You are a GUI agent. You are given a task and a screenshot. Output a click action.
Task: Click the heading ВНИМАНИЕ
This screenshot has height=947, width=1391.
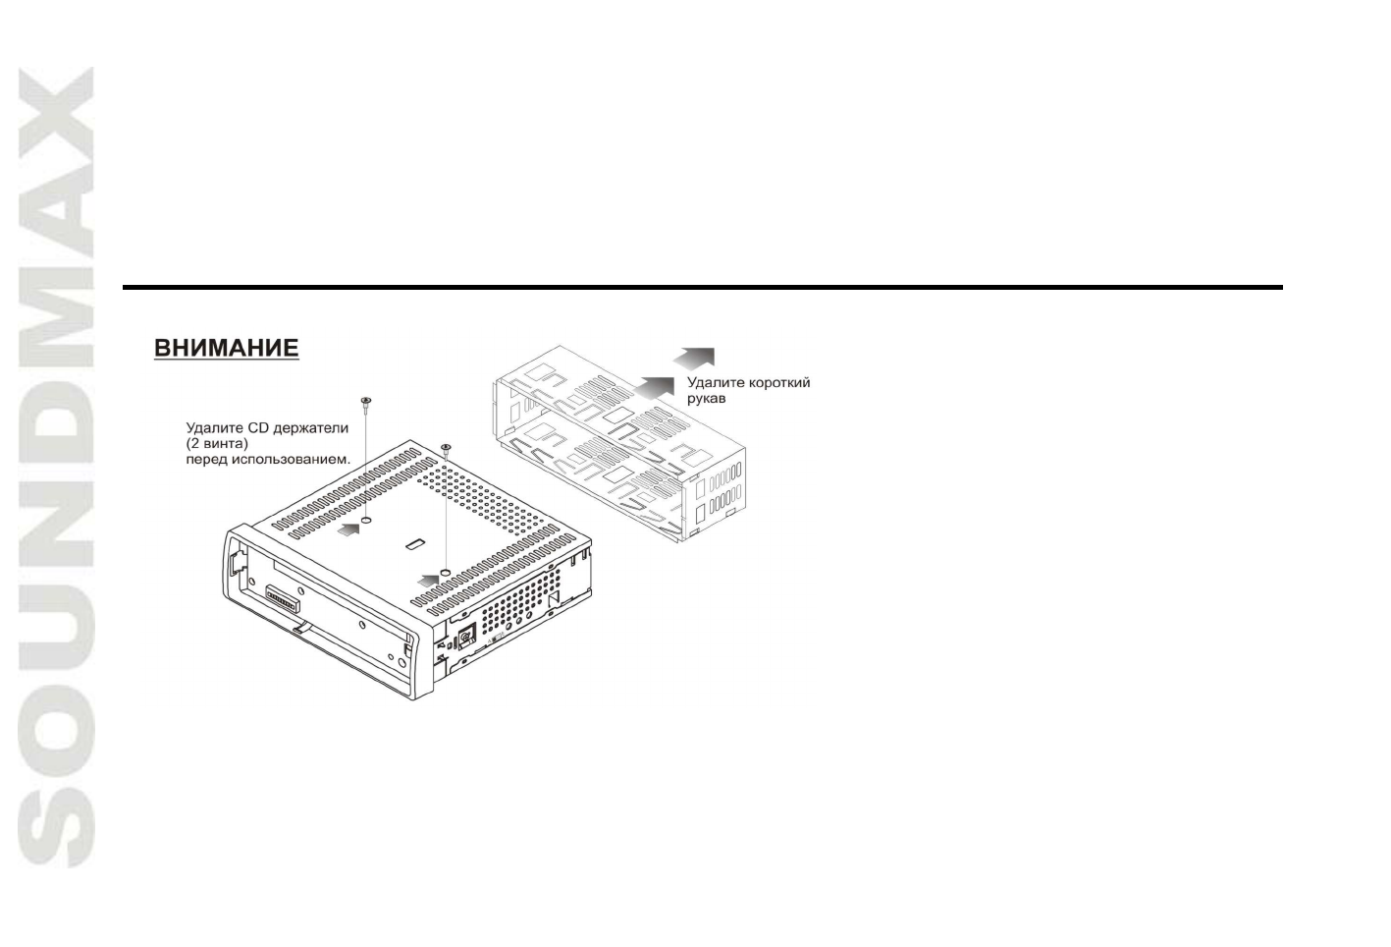pos(226,349)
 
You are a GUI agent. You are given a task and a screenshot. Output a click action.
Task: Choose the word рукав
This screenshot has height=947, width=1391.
pos(706,399)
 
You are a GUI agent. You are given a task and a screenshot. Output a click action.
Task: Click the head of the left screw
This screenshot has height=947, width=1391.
pos(365,401)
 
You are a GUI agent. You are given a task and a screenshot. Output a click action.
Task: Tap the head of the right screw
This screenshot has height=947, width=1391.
pos(446,448)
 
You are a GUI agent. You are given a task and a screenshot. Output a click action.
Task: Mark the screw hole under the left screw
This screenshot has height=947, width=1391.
pos(366,520)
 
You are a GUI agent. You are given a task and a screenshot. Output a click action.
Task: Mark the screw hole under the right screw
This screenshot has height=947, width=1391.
pos(447,571)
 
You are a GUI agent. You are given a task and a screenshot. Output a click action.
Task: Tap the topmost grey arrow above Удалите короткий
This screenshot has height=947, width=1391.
pos(696,357)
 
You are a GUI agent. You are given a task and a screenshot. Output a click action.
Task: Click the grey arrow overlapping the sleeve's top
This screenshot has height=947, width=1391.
pos(655,386)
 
